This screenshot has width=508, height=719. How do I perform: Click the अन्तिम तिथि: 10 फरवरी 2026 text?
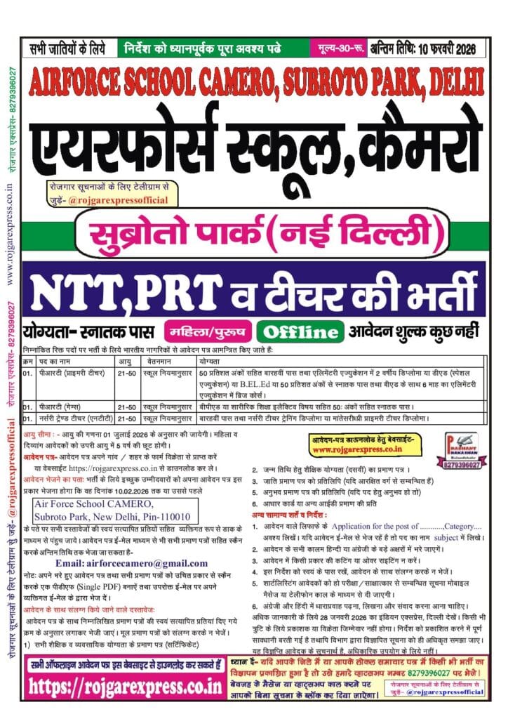426,48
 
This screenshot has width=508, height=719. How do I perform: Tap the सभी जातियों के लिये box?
67,48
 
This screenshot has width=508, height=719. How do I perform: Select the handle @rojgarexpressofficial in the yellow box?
128,200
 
